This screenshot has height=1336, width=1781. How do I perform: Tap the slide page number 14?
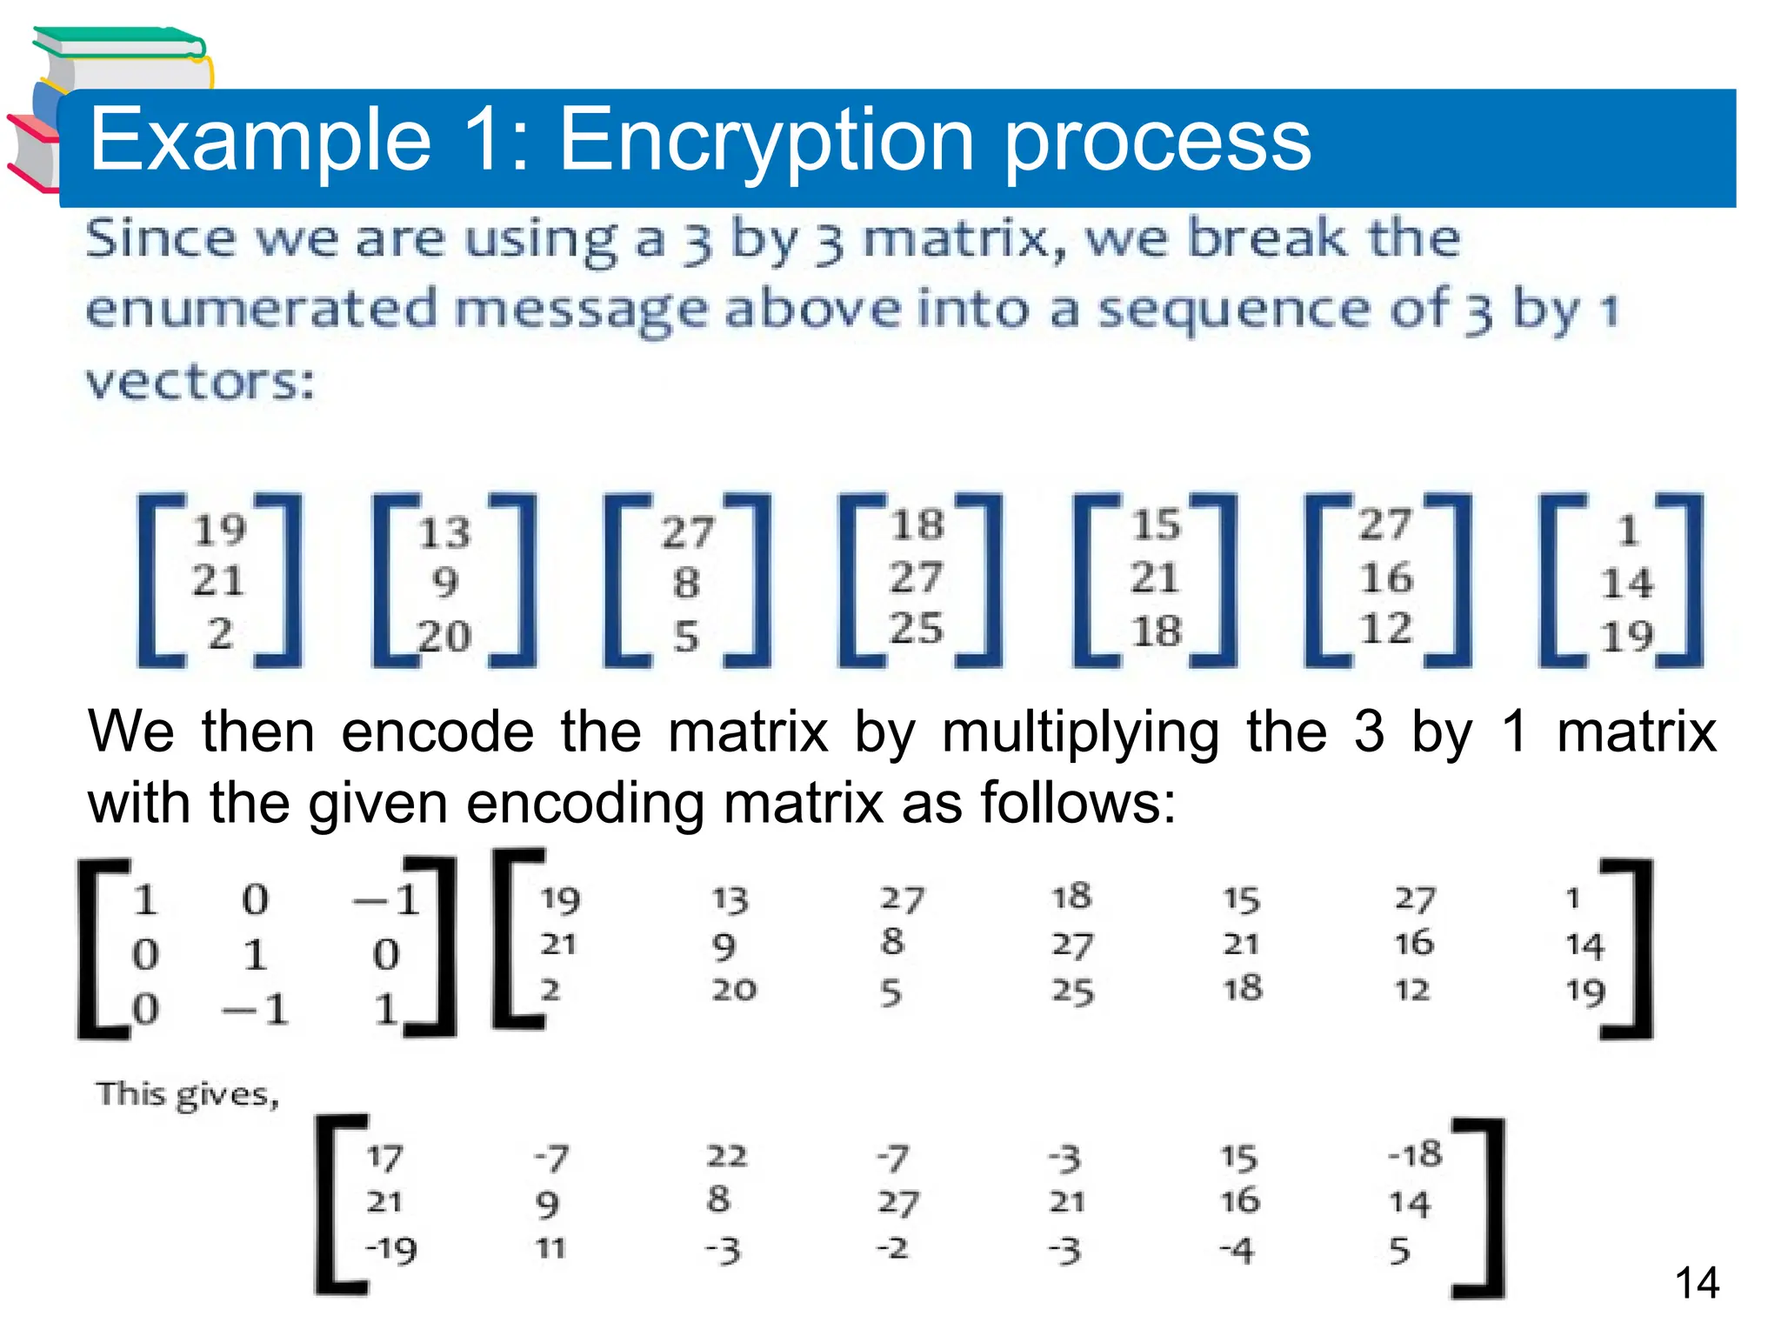[1696, 1283]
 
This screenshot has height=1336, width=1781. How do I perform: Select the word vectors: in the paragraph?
[200, 382]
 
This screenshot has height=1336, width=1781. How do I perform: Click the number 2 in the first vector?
[221, 633]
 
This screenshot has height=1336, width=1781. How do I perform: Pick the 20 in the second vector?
[444, 637]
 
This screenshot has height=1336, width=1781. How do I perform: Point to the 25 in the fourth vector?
[916, 628]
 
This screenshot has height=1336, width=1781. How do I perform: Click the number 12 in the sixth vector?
[1385, 628]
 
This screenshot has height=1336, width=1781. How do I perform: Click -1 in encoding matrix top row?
[387, 899]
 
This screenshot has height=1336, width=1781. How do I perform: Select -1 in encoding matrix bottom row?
[255, 1010]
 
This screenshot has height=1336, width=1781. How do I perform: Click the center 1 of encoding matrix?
[254, 955]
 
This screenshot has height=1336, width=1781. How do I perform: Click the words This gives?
[187, 1095]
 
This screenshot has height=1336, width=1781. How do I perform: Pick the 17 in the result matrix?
[384, 1158]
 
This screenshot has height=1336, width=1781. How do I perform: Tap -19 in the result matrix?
[391, 1250]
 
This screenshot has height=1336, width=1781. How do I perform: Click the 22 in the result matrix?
[726, 1156]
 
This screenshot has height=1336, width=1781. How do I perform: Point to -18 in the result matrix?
[1415, 1154]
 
